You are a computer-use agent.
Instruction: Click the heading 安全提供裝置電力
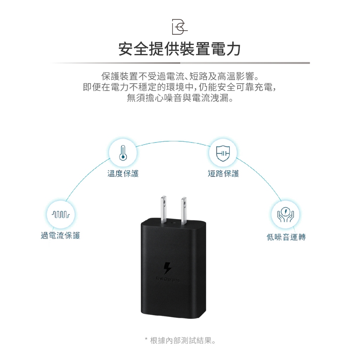pyautogui.click(x=180, y=49)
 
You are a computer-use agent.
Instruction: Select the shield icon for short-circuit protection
pyautogui.click(x=223, y=154)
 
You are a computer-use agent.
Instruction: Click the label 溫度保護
pyautogui.click(x=123, y=173)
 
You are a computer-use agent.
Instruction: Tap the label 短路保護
pyautogui.click(x=223, y=173)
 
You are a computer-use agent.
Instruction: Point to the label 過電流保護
pyautogui.click(x=60, y=236)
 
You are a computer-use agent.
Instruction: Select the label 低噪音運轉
pyautogui.click(x=286, y=237)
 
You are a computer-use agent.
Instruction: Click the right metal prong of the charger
pyautogui.click(x=183, y=209)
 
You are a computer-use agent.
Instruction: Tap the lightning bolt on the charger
pyautogui.click(x=167, y=268)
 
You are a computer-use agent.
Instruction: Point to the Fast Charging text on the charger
pyautogui.click(x=167, y=280)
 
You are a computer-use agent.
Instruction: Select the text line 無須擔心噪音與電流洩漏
pyautogui.click(x=180, y=98)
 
